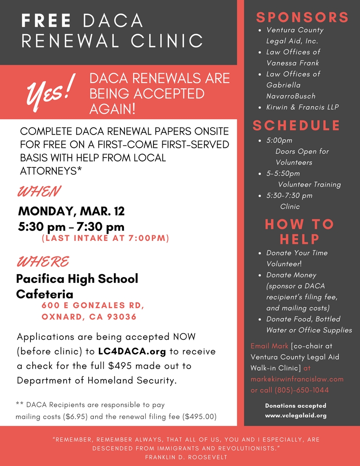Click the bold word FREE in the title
click(46, 20)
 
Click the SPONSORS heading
click(302, 17)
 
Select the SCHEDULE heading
click(296, 125)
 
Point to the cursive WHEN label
click(39, 192)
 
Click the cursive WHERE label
click(43, 261)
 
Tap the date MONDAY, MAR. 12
click(71, 211)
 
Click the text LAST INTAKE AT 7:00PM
click(105, 239)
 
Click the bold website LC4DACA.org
click(132, 352)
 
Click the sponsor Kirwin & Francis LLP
click(303, 107)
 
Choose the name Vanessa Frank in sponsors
click(292, 63)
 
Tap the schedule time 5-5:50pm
click(283, 173)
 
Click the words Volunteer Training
click(309, 184)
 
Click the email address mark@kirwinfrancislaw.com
click(297, 379)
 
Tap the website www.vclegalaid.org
click(296, 416)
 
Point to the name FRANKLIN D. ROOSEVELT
click(186, 457)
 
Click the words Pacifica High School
click(77, 279)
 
